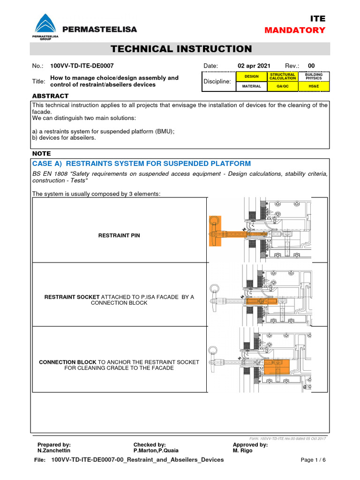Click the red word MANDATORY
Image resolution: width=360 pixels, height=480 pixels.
point(295,30)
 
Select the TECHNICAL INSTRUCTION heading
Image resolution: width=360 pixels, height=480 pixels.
point(180,49)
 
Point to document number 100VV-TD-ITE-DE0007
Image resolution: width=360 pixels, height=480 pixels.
point(82,66)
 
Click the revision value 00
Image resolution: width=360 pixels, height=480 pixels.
point(312,66)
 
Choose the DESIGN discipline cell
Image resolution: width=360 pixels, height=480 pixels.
point(252,76)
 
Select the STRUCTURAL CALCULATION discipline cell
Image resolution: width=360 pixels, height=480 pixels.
point(283,76)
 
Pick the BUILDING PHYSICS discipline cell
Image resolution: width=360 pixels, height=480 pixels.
point(314,76)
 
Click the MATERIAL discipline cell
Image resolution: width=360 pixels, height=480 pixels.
point(252,86)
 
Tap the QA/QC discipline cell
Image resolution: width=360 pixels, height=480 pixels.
point(283,86)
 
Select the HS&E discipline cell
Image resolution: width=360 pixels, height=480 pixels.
point(314,86)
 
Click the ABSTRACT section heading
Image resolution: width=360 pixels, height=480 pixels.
point(50,96)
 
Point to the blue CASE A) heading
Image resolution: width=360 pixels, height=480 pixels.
point(141,164)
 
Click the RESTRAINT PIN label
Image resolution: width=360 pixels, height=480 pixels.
point(119,235)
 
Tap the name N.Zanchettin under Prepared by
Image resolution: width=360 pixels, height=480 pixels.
point(54,450)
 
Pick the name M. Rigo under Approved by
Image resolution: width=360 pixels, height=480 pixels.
point(242,450)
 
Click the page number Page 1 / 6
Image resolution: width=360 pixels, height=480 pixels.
point(313,460)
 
